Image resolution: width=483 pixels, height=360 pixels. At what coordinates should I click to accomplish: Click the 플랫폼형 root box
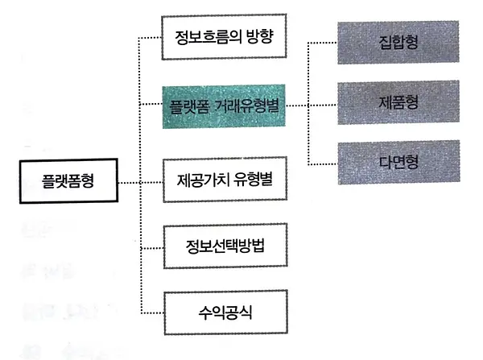[x=68, y=181]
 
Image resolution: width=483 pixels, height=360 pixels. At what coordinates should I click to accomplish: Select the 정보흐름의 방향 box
[x=224, y=37]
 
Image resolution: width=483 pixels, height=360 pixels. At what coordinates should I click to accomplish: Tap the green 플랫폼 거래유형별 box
[x=224, y=106]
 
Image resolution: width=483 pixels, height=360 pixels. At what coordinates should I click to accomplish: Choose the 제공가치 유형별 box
[x=225, y=180]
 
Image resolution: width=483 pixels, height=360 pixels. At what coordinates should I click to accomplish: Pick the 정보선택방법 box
[x=225, y=246]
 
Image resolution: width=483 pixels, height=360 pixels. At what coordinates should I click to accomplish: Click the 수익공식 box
[x=225, y=312]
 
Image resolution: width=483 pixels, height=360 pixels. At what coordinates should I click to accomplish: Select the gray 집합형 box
[x=398, y=42]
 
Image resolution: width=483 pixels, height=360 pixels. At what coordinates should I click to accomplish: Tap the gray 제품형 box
[x=398, y=102]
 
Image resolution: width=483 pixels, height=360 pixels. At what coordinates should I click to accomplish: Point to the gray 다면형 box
[x=399, y=162]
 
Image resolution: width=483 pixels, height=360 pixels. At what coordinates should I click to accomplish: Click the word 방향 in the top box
[x=260, y=37]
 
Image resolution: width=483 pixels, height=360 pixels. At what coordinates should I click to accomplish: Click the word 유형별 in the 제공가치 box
[x=254, y=180]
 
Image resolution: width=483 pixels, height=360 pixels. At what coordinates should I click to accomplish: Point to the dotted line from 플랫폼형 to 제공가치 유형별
[x=140, y=183]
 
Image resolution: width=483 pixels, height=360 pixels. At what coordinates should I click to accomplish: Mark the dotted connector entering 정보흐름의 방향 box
[x=150, y=38]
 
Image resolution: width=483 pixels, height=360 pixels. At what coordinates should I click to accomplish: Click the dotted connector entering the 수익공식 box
[x=152, y=313]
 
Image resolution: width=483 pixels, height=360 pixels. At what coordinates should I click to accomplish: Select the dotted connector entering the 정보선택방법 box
[x=152, y=248]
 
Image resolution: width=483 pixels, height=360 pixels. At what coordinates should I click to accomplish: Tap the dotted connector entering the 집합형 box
[x=323, y=43]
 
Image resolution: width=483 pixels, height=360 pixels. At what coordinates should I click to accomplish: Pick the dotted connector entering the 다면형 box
[x=323, y=164]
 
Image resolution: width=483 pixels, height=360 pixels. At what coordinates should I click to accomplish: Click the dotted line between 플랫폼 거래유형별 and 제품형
[x=312, y=106]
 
